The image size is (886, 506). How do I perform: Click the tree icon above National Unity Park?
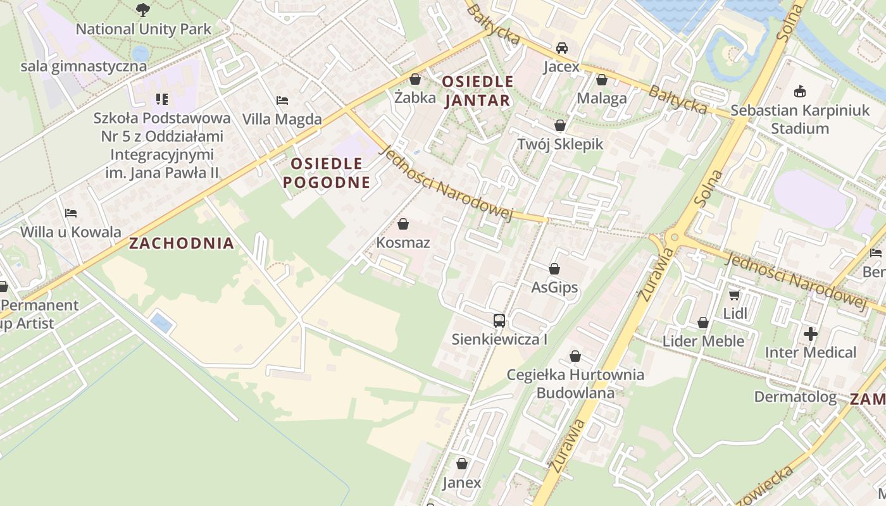click(x=144, y=9)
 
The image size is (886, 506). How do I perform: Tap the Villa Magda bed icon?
click(x=282, y=100)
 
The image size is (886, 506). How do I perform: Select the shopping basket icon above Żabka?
click(x=415, y=79)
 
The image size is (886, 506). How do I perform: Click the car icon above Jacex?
click(x=561, y=48)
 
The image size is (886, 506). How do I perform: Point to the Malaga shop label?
click(x=601, y=98)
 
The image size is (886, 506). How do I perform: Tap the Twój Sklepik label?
click(x=560, y=144)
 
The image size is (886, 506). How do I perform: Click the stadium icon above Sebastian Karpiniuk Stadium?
click(x=800, y=92)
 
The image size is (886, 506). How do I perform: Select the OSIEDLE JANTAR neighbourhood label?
click(x=477, y=90)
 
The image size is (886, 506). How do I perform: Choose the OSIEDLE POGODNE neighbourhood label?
click(x=326, y=173)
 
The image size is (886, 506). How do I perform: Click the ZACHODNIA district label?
click(x=182, y=243)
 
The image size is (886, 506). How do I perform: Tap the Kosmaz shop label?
click(x=403, y=242)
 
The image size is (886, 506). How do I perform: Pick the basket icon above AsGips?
click(x=554, y=269)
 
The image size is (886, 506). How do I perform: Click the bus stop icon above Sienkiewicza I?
click(x=499, y=321)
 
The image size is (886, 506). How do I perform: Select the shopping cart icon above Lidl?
click(x=735, y=295)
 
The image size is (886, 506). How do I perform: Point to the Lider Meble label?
click(x=703, y=341)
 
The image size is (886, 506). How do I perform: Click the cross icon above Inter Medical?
click(x=811, y=333)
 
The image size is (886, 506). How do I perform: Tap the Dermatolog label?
click(x=795, y=397)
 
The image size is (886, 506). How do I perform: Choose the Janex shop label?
click(x=461, y=483)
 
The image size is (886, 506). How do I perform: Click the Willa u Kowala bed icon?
click(x=70, y=213)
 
